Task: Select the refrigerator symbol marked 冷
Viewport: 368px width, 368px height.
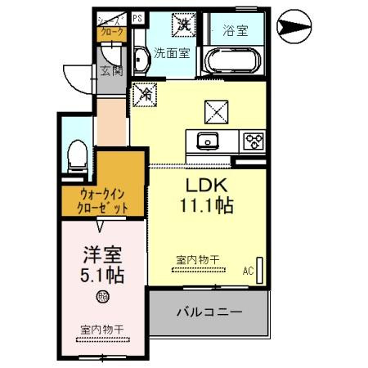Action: coord(146,94)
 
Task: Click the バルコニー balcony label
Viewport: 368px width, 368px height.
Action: coord(208,312)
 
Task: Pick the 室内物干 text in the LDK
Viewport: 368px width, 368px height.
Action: coord(197,260)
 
